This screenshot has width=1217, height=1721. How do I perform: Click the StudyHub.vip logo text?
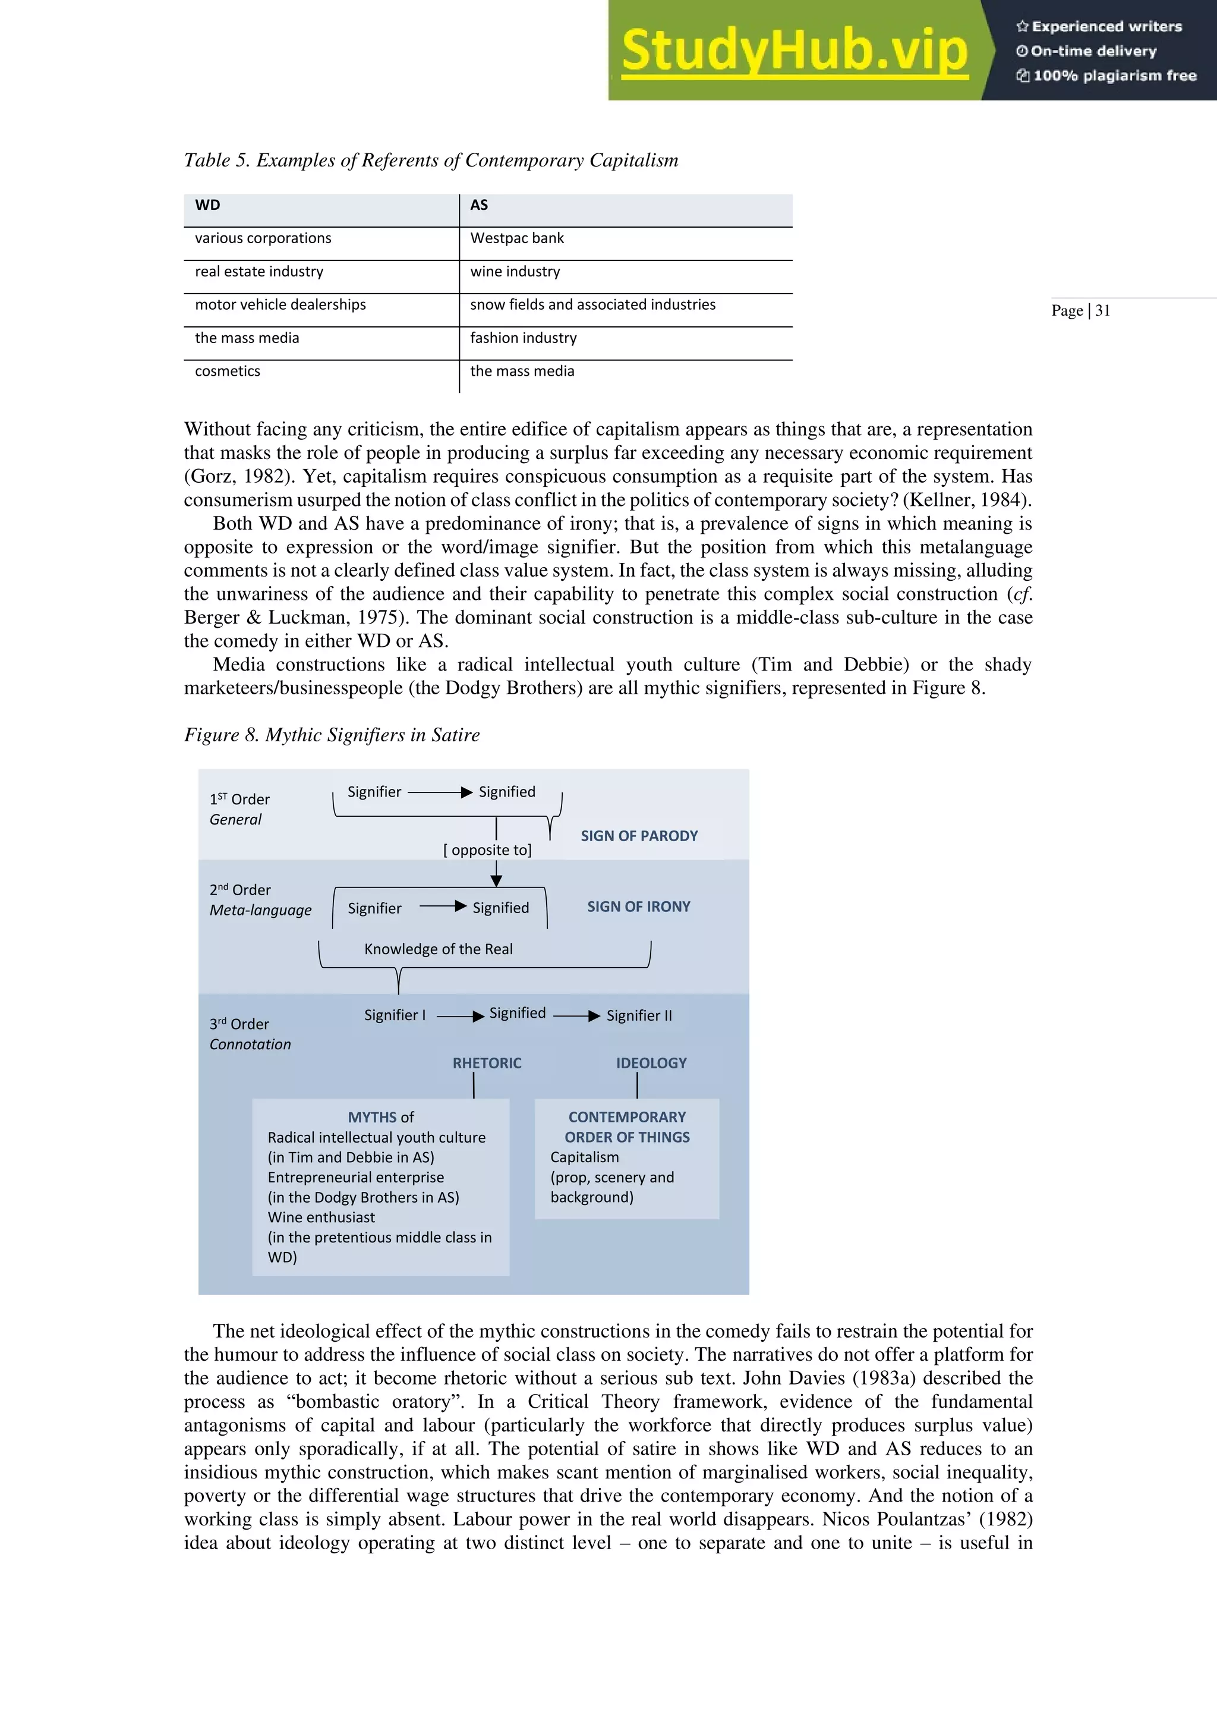click(794, 51)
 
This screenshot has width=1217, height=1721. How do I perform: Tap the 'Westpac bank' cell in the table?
click(516, 238)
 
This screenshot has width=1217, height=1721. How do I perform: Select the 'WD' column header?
click(207, 205)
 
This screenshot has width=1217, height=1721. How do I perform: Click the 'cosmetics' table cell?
click(227, 371)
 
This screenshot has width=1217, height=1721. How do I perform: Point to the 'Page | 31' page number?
click(1080, 311)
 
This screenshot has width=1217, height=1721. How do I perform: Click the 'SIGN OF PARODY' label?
click(638, 836)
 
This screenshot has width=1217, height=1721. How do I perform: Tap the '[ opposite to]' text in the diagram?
click(487, 850)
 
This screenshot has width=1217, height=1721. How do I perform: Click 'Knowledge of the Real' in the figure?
click(439, 949)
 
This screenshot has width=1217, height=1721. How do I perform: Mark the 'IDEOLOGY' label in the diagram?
click(651, 1063)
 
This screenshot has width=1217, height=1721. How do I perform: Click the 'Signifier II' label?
click(638, 1016)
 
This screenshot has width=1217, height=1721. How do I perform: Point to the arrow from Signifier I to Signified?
click(460, 1017)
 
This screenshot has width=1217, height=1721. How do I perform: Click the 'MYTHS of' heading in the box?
click(381, 1117)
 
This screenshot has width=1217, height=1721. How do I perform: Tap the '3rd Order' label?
click(239, 1024)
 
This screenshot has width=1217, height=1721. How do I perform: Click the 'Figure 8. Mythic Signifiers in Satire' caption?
click(331, 735)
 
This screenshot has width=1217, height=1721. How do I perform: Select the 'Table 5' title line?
click(431, 161)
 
